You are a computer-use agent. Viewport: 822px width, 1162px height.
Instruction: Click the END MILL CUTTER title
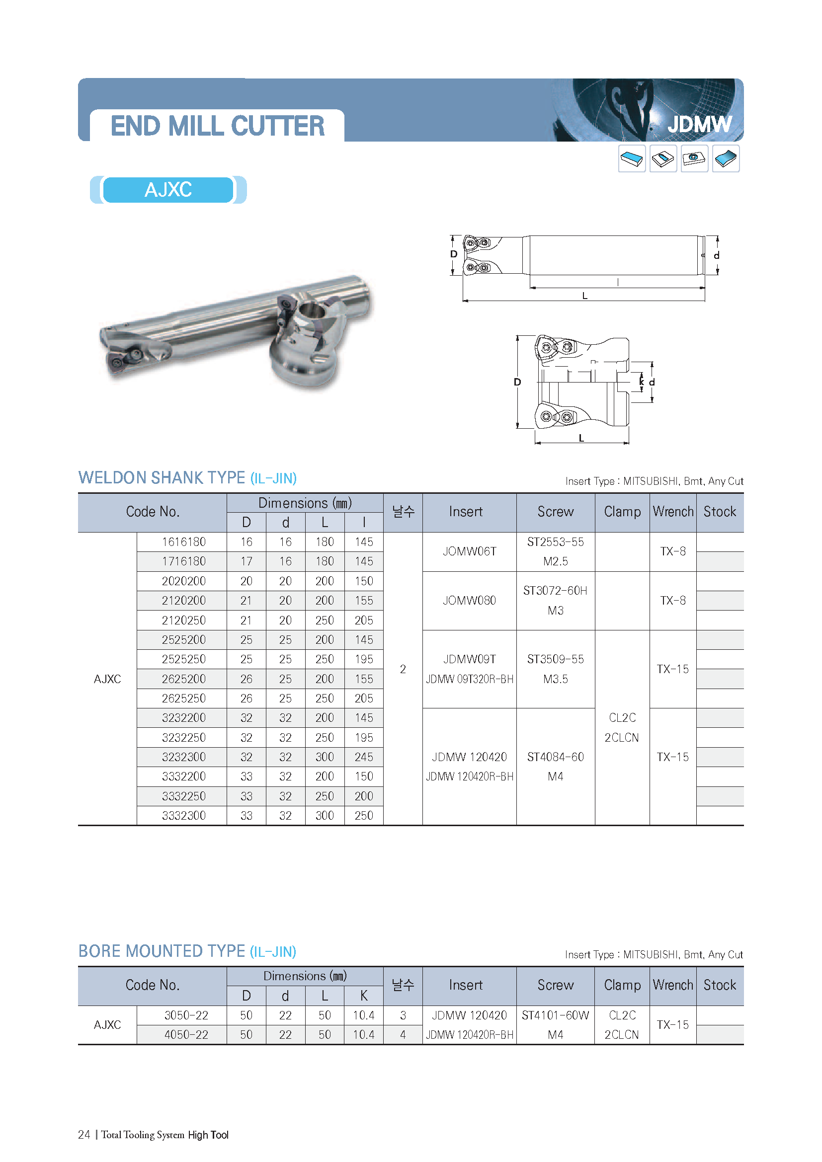tap(217, 126)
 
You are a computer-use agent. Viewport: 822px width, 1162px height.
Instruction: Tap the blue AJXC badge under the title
tap(168, 190)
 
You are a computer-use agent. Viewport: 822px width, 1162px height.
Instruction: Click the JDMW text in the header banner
tap(699, 124)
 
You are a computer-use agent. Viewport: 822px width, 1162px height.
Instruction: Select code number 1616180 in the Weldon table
tap(183, 542)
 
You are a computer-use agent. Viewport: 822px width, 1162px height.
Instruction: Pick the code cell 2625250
tap(183, 698)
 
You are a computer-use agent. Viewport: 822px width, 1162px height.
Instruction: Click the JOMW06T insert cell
tap(469, 551)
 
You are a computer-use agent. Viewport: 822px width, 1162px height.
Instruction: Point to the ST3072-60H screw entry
tap(555, 591)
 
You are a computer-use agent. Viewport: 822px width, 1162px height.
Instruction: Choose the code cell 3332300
tap(183, 816)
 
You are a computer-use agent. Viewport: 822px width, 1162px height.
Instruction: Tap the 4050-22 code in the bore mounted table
tap(186, 1035)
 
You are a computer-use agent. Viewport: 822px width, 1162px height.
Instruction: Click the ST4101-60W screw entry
tap(555, 1015)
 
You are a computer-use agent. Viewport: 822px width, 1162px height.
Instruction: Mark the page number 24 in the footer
tap(84, 1135)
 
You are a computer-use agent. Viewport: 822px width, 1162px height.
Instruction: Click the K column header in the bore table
tap(363, 996)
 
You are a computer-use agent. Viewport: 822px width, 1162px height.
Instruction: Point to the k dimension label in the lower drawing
tap(641, 382)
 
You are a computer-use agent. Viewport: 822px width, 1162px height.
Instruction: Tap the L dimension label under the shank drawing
tap(584, 296)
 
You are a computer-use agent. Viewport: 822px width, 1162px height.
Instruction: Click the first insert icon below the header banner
tap(632, 159)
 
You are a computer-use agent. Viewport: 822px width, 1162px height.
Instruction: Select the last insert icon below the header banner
tap(725, 159)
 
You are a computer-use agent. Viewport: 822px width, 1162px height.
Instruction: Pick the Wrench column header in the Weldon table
tap(673, 512)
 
